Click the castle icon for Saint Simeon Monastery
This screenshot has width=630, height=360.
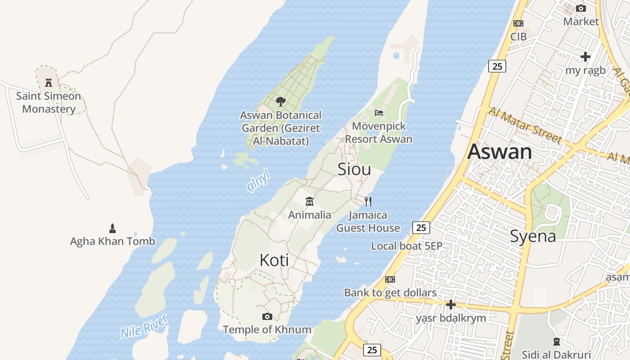pyautogui.click(x=49, y=83)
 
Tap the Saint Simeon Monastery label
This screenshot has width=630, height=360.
pyautogui.click(x=49, y=103)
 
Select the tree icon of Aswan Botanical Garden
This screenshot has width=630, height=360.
pyautogui.click(x=281, y=102)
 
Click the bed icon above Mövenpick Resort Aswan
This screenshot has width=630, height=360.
pyautogui.click(x=379, y=112)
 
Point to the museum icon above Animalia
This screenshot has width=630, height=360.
pyautogui.click(x=309, y=201)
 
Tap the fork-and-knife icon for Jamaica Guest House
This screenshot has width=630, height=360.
pyautogui.click(x=368, y=201)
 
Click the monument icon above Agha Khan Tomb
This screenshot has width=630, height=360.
pyautogui.click(x=112, y=228)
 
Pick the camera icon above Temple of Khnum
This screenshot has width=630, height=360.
pyautogui.click(x=267, y=316)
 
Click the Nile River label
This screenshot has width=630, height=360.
pyautogui.click(x=144, y=326)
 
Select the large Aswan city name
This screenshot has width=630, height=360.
pyautogui.click(x=499, y=152)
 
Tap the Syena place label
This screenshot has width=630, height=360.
pyautogui.click(x=533, y=236)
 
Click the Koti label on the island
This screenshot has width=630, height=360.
pyautogui.click(x=274, y=260)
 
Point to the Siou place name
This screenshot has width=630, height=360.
pyautogui.click(x=354, y=169)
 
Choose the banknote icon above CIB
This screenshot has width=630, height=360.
pyautogui.click(x=518, y=23)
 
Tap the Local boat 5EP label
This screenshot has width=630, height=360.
pyautogui.click(x=406, y=246)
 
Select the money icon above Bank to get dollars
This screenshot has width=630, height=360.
pyautogui.click(x=390, y=279)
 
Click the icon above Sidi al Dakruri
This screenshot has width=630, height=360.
pyautogui.click(x=557, y=342)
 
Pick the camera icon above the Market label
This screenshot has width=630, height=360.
pyautogui.click(x=581, y=9)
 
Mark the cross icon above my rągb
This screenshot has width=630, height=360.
pyautogui.click(x=585, y=57)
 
